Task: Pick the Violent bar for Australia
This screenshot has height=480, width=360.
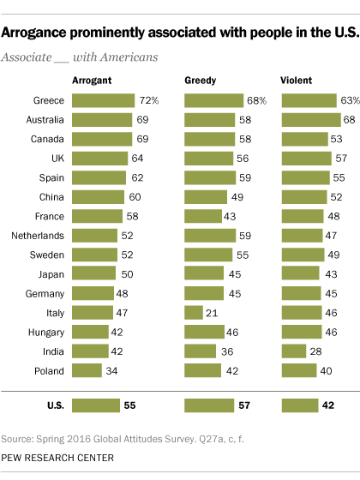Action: click(x=306, y=120)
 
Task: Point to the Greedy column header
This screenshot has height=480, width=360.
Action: click(x=201, y=81)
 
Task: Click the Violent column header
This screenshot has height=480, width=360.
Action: click(x=297, y=81)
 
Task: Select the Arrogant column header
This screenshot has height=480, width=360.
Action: click(x=93, y=81)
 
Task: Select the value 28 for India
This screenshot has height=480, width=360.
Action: click(x=315, y=352)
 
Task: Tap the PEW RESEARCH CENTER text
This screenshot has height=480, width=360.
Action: click(x=57, y=459)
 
